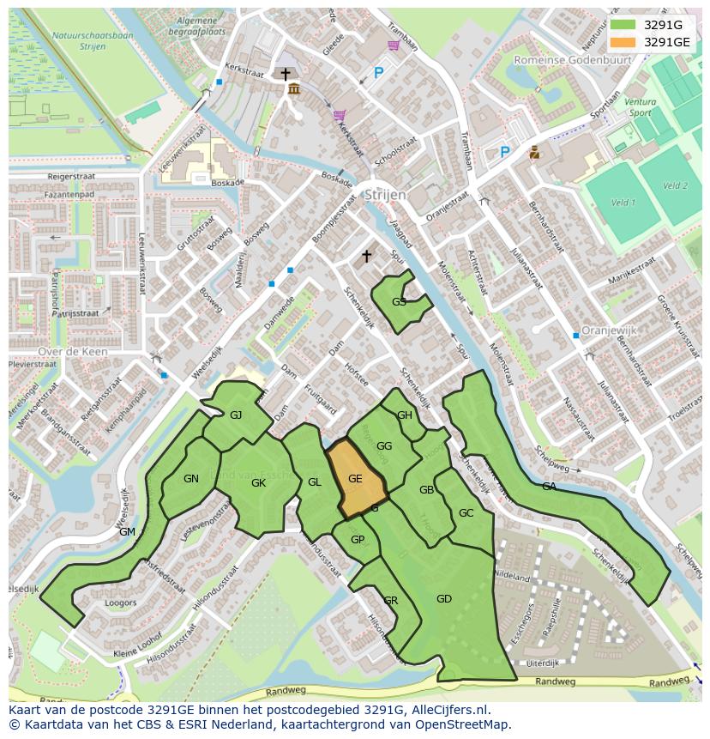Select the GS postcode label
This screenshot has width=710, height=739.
(x=399, y=302)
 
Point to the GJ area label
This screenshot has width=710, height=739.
(x=236, y=415)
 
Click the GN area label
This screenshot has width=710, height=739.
(x=191, y=479)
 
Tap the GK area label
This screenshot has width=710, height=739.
(x=258, y=483)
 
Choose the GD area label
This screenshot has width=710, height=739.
(x=443, y=599)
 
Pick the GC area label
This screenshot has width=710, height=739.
(x=466, y=513)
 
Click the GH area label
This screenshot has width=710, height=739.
(x=405, y=415)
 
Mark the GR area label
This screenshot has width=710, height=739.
(x=390, y=600)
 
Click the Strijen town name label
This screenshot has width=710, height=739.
(x=384, y=195)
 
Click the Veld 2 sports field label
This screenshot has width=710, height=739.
(x=675, y=185)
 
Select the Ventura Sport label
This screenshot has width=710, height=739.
(x=641, y=107)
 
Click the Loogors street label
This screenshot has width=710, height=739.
(x=120, y=603)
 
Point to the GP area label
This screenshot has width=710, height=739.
(x=358, y=540)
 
